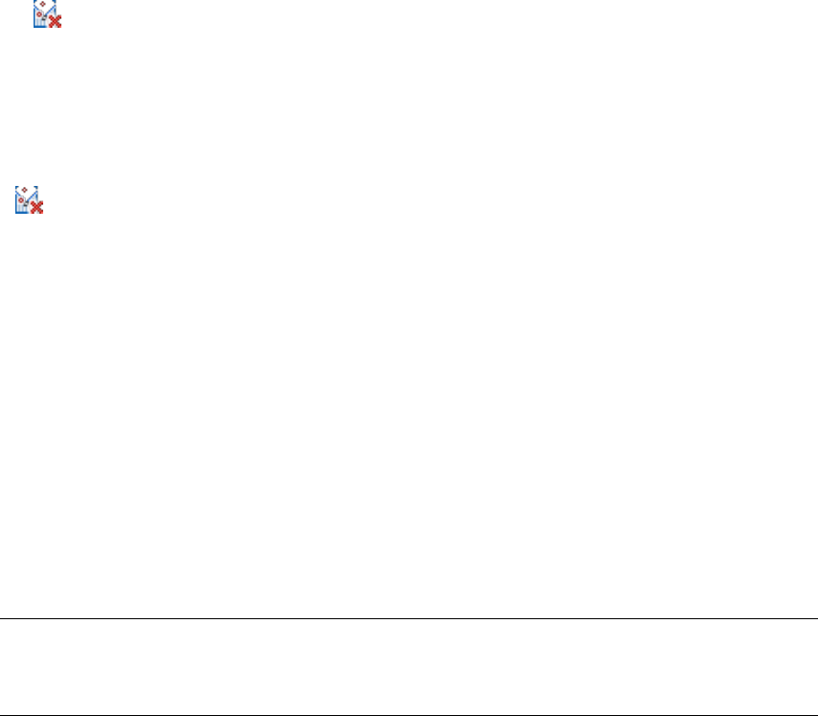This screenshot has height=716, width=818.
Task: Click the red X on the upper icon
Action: click(55, 21)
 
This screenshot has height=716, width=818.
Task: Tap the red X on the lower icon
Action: click(36, 206)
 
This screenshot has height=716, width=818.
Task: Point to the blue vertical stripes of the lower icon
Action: click(21, 208)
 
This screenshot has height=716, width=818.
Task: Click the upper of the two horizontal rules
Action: click(409, 619)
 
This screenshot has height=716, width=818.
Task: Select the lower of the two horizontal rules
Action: click(409, 715)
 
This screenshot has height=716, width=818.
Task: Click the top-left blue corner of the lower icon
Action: click(16, 188)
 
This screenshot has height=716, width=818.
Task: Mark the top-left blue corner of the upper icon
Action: click(35, 3)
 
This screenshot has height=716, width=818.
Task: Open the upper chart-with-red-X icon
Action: click(47, 13)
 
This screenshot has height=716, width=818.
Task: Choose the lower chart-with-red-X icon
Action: click(29, 199)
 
